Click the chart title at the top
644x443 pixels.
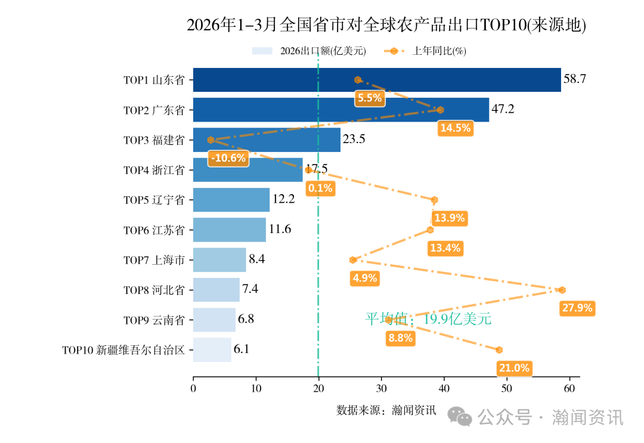(386, 25)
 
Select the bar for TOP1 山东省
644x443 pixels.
(377, 80)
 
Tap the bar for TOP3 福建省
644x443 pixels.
(267, 140)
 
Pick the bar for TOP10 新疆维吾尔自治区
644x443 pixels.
(212, 349)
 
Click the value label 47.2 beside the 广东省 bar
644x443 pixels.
(502, 110)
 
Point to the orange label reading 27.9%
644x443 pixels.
(577, 308)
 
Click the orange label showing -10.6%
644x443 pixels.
(228, 158)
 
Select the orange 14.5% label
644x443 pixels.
(455, 128)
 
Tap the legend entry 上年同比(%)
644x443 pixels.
(439, 51)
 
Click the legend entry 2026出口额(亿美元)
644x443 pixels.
(323, 51)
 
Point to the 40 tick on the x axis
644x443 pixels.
(444, 389)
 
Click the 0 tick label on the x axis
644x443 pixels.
(193, 389)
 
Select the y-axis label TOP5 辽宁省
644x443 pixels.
(154, 200)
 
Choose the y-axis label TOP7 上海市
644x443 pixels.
(154, 260)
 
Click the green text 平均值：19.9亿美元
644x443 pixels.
(428, 319)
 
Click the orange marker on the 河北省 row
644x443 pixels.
(562, 290)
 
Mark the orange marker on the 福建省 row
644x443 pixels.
(210, 140)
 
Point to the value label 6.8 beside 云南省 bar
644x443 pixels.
(246, 319)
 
